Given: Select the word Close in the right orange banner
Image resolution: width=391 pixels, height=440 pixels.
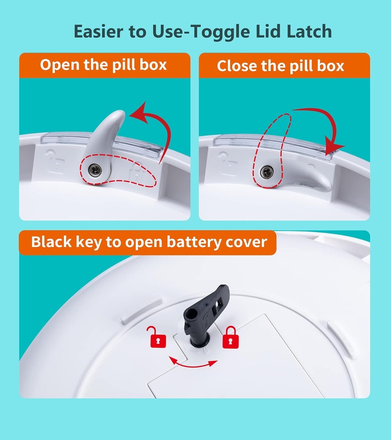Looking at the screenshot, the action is click(x=237, y=66).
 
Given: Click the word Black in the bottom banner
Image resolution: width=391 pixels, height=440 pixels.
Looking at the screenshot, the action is click(x=51, y=241).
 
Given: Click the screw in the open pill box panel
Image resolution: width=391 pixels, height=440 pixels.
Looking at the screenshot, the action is click(x=95, y=170).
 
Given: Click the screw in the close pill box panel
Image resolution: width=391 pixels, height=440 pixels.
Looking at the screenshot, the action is click(x=267, y=172).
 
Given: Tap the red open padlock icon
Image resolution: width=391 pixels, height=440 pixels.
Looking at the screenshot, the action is click(x=157, y=337).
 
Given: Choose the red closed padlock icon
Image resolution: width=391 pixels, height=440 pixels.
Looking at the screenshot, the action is click(x=230, y=337).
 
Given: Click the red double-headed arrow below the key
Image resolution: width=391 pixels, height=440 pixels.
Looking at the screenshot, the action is click(x=193, y=364).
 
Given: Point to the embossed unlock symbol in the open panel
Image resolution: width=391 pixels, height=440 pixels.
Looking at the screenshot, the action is click(x=55, y=161).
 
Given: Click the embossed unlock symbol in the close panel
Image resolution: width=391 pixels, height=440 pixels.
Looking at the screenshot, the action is click(x=229, y=163).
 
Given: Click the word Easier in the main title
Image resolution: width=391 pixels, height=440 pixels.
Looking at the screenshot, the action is click(x=99, y=31).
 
